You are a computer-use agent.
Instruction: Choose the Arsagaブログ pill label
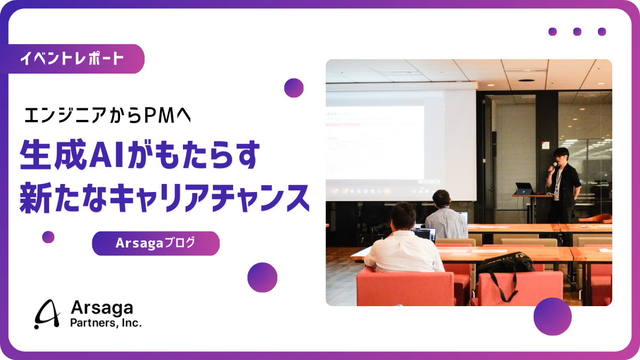155,243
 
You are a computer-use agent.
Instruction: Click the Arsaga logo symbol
47,314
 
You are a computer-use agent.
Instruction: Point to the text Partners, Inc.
106,323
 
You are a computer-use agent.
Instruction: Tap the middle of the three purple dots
577,31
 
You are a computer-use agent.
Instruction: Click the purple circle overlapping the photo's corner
552,316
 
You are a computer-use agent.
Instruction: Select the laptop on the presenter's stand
525,188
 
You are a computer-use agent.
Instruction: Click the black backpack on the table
504,264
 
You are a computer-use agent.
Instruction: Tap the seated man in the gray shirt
445,216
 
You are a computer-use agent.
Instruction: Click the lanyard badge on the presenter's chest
557,184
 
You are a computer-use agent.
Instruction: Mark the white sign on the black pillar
544,145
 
